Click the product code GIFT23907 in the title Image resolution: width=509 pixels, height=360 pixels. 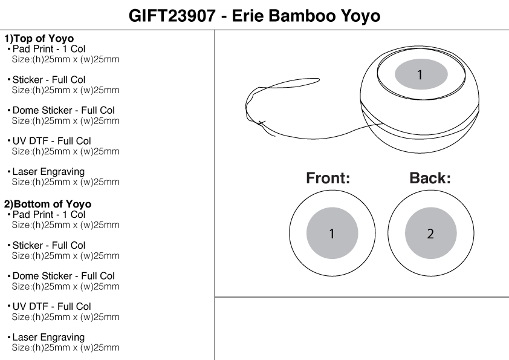click(x=172, y=16)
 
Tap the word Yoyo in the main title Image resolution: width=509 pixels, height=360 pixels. click(x=358, y=16)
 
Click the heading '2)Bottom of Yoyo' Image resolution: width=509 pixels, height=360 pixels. click(x=48, y=205)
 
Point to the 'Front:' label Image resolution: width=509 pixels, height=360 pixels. click(x=328, y=178)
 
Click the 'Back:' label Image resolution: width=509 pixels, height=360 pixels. click(x=430, y=178)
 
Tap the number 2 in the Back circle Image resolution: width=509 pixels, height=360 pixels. click(x=430, y=234)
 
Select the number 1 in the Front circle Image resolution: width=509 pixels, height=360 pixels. click(x=332, y=234)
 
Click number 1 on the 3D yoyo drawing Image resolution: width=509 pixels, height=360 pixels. click(x=421, y=75)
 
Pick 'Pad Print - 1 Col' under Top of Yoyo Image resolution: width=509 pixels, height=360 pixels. click(x=49, y=48)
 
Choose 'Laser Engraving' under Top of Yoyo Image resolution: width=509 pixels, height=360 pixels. click(x=48, y=172)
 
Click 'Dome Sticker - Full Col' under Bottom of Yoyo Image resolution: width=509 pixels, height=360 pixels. click(x=63, y=276)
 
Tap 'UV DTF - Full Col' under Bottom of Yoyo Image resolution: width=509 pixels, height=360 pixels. click(x=51, y=307)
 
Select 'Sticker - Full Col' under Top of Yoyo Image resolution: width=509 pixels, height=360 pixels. click(x=49, y=80)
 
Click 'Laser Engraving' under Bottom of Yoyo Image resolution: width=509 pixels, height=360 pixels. click(x=48, y=338)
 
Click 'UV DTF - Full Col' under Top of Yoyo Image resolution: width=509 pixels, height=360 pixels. click(x=51, y=141)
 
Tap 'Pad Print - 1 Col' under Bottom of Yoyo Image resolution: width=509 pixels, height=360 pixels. click(x=49, y=215)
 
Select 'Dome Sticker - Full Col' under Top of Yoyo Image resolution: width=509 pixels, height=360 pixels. click(x=63, y=111)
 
